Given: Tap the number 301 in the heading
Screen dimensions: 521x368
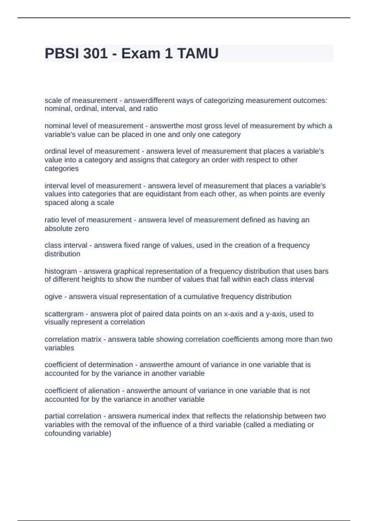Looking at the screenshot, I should pyautogui.click(x=95, y=54).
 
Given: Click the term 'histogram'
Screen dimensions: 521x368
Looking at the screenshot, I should pyautogui.click(x=61, y=271).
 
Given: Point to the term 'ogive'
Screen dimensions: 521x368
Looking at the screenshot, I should pyautogui.click(x=53, y=297).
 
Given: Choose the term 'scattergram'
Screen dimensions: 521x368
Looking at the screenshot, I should pyautogui.click(x=64, y=314).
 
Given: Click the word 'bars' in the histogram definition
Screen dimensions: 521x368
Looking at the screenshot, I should pyautogui.click(x=321, y=271).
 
